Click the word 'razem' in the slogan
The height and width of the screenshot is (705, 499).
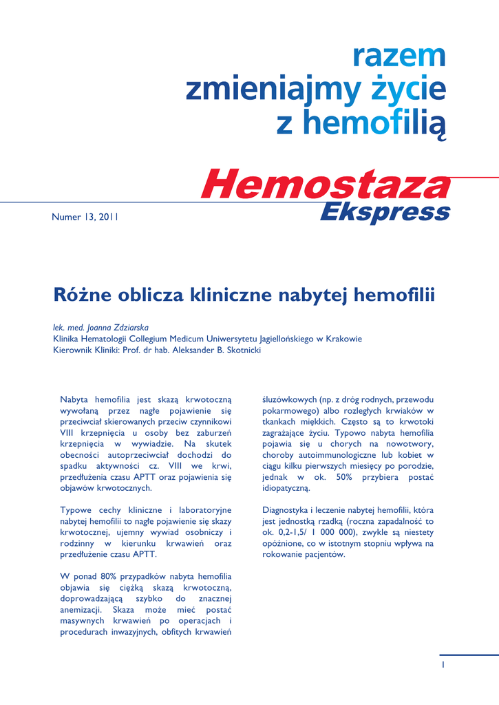(399, 57)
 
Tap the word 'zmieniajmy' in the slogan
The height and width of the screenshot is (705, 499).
(273, 90)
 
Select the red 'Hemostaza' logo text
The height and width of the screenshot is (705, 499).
(326, 184)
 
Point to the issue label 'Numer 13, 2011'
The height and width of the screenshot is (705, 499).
(85, 217)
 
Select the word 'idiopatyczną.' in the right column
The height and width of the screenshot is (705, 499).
(286, 488)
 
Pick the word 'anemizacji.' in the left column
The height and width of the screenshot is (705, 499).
(81, 609)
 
